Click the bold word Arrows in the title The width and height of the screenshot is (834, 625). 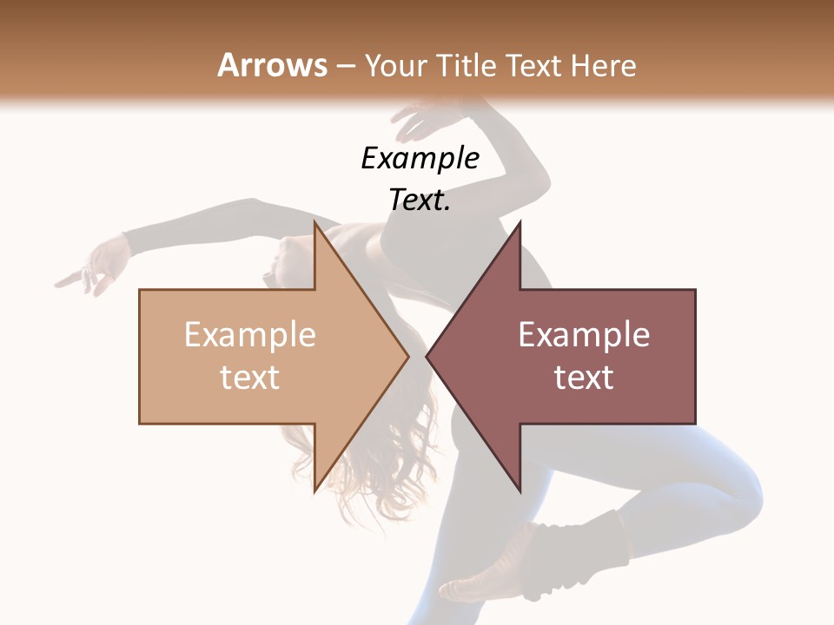(272, 65)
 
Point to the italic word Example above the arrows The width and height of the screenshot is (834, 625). (420, 158)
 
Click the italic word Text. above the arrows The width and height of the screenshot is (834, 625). (420, 200)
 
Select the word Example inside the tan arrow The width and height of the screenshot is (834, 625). (250, 335)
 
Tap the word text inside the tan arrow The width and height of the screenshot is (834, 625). (250, 377)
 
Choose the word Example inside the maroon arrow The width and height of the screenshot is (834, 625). (584, 335)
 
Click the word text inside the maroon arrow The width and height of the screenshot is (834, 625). (584, 377)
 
